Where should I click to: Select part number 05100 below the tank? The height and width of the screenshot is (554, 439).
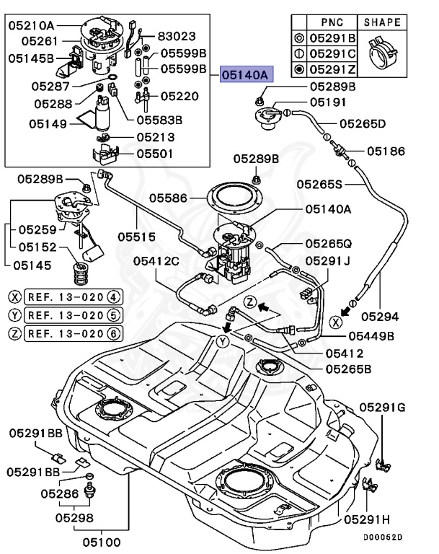coord(101,540)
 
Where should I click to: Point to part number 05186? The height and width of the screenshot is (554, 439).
coord(386,151)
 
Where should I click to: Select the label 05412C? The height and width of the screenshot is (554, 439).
coord(155,260)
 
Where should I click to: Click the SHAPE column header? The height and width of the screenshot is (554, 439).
coord(382,22)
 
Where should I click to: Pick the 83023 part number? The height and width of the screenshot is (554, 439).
coord(176,35)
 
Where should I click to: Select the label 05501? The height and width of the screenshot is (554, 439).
coord(156,154)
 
